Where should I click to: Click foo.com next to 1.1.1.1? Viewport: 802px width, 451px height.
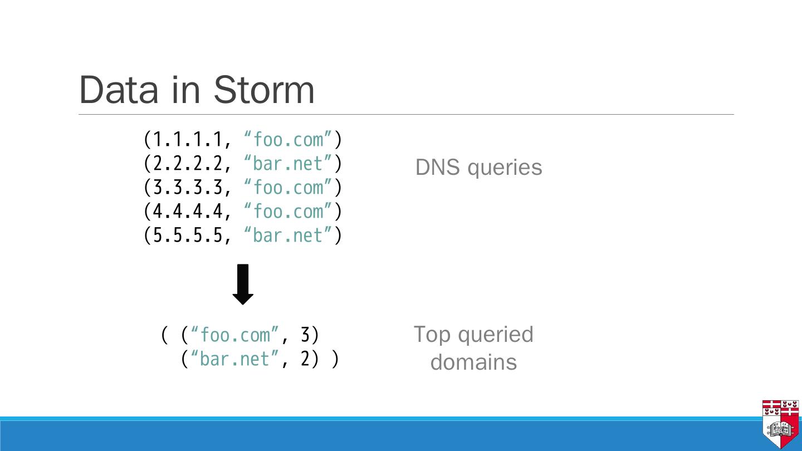point(288,140)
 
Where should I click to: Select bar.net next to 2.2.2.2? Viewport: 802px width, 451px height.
point(287,164)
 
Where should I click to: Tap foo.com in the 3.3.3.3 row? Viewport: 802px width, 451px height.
point(288,188)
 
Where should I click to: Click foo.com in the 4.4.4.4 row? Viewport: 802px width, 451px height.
point(288,212)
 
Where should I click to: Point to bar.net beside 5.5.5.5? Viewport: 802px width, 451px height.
point(287,236)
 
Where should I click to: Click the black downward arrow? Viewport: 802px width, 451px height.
point(243,285)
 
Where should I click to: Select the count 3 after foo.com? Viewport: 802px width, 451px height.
point(305,335)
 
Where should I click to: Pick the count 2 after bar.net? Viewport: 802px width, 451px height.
point(305,359)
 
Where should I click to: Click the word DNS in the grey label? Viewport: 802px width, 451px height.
point(438,167)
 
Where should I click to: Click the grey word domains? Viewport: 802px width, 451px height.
point(473,362)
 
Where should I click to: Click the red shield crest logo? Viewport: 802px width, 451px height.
point(780,424)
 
